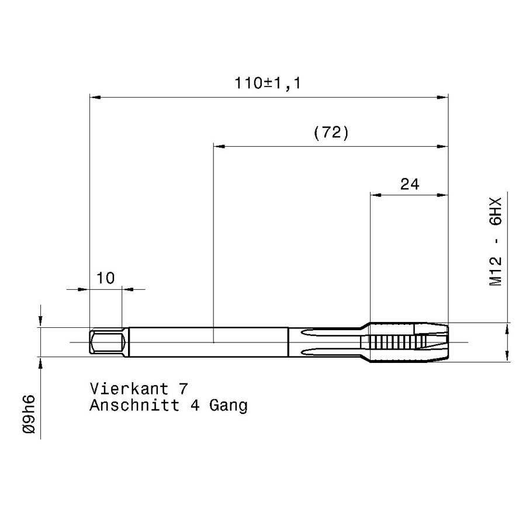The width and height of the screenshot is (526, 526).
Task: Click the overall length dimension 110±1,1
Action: coord(268,83)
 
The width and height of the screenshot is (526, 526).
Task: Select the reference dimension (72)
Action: coord(331,133)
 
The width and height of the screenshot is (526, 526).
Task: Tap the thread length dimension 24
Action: coord(410,185)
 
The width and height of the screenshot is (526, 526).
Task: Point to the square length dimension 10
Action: coord(105,278)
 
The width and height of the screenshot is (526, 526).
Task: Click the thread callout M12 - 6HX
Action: coord(496,241)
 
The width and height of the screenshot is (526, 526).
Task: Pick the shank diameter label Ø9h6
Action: coord(29,414)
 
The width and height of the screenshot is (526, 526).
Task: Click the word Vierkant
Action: coord(129,389)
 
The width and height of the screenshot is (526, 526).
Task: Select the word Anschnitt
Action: coord(134,405)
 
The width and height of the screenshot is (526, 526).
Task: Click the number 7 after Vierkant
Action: coord(183,389)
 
